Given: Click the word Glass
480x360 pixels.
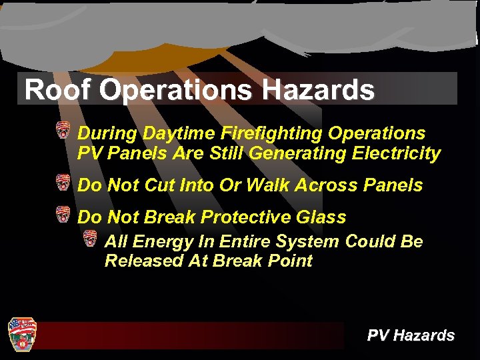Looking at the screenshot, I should point(323,217).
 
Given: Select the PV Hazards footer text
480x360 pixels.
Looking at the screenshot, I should point(411,335).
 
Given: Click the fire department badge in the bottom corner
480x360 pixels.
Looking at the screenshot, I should point(21,334).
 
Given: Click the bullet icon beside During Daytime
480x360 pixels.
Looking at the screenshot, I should point(63,130).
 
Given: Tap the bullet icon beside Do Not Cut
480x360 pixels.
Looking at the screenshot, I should point(63,182).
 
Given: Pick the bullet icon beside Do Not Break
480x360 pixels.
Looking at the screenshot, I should point(63,214).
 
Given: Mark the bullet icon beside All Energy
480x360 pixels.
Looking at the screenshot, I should point(91,238).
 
